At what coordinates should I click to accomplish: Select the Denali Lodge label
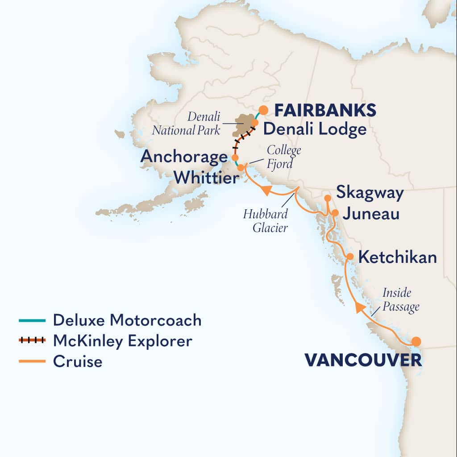315,129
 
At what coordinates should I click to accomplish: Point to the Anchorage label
184,157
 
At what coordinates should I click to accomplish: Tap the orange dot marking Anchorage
235,158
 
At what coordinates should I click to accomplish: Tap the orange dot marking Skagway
327,198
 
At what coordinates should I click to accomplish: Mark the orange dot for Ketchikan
350,257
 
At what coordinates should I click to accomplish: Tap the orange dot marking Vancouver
416,341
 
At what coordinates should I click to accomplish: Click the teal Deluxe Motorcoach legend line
32,320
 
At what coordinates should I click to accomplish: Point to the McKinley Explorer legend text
123,341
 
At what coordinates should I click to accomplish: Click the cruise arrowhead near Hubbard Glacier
266,191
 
